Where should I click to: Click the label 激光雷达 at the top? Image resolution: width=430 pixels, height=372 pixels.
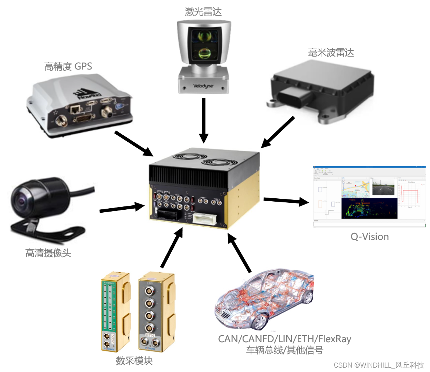(203, 11)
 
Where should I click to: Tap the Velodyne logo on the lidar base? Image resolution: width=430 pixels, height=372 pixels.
(203, 86)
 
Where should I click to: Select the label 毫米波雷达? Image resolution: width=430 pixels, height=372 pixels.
(331, 53)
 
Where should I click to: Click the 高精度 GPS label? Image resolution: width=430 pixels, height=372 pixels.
(68, 66)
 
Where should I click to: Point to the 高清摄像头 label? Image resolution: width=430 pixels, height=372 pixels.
(48, 253)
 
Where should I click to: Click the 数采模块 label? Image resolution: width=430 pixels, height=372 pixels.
(134, 361)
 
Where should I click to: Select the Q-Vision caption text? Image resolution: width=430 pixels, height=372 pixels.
(369, 237)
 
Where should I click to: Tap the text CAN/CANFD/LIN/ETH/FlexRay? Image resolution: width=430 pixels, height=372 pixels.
(284, 339)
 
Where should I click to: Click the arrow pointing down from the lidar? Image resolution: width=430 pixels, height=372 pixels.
(203, 120)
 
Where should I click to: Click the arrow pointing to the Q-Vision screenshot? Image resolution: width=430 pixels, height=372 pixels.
(286, 201)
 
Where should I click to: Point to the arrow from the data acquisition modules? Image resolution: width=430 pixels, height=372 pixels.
(171, 247)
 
